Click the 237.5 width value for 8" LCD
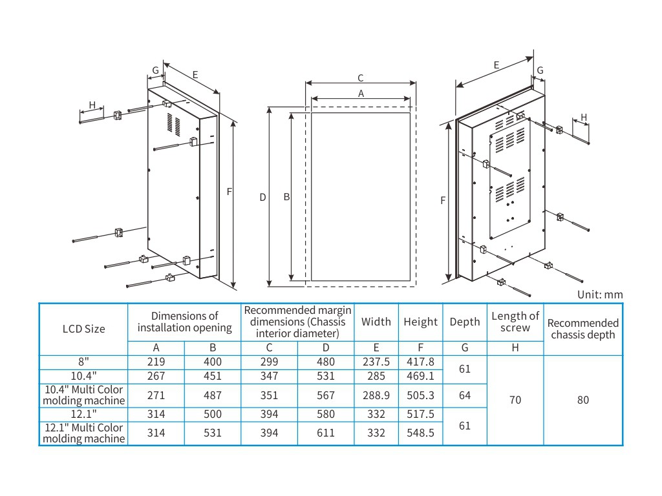(x=376, y=362)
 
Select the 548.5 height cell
(x=420, y=433)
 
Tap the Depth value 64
(x=465, y=395)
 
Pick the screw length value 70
(x=515, y=400)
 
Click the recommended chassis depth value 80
(x=583, y=400)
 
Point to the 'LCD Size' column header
(x=83, y=328)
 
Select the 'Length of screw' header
(x=515, y=322)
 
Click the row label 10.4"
(x=83, y=375)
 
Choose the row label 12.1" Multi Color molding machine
(x=83, y=433)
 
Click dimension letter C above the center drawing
(x=361, y=78)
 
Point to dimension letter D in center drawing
(x=263, y=197)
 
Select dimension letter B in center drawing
(x=286, y=197)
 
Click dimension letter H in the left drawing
(x=92, y=105)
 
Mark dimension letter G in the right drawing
(x=540, y=70)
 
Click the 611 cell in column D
(x=326, y=433)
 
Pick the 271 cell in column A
(x=156, y=395)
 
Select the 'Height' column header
(x=420, y=322)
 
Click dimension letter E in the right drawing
(x=496, y=65)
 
